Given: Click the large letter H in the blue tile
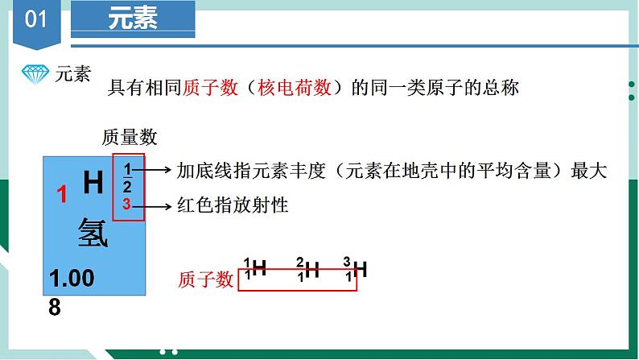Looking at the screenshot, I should [x=93, y=183].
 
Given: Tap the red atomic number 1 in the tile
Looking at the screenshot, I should [x=60, y=194].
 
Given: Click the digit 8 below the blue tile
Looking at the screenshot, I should [x=55, y=307].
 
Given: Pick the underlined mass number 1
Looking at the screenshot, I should [x=126, y=169].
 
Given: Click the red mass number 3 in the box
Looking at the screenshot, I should [x=126, y=205].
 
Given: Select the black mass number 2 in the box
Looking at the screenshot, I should [x=126, y=187].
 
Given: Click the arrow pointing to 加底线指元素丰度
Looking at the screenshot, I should [x=157, y=170].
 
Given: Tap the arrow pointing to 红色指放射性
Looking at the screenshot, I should [x=157, y=205].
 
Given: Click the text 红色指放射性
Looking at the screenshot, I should [x=233, y=205].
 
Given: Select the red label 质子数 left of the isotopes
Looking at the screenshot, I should [x=205, y=279].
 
